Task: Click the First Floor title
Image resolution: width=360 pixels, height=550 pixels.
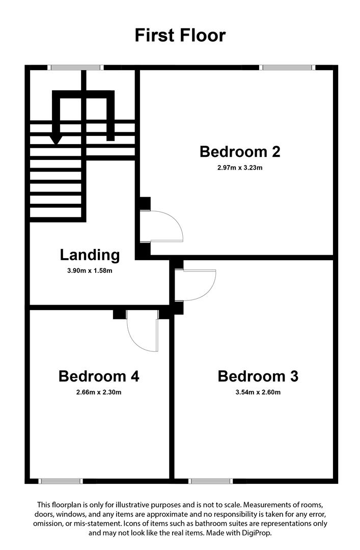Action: pos(180,36)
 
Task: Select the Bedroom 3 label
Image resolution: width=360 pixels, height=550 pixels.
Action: pos(258,376)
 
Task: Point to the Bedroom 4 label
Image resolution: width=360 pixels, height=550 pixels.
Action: pos(99,376)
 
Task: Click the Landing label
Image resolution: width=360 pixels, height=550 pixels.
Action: pos(90,255)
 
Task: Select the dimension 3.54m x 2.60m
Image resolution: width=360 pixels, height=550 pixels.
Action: pos(258,392)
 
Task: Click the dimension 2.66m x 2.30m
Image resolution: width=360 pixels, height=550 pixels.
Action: pos(99,392)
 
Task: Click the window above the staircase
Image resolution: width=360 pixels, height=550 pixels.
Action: pos(76,67)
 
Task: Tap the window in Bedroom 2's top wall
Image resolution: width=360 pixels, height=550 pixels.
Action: pos(287,67)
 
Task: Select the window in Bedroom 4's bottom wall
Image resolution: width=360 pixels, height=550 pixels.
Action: pos(61,481)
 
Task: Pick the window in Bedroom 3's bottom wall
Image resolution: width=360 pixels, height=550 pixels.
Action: pos(210,481)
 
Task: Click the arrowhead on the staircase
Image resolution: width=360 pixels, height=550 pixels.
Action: pos(56,139)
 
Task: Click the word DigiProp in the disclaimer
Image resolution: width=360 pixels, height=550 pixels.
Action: pos(258,533)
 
